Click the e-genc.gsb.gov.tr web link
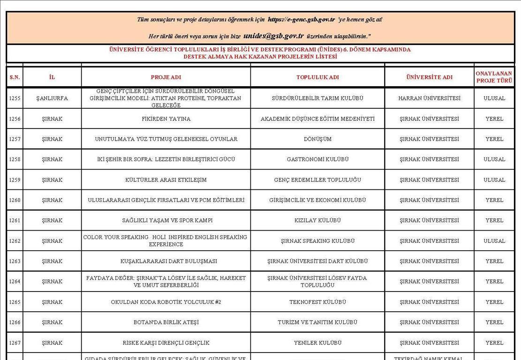point(301,20)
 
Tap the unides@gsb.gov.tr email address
point(273,36)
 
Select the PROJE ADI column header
point(166,77)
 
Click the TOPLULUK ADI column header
point(317,77)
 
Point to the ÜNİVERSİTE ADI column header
point(429,77)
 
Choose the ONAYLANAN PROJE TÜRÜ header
point(494,77)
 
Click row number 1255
point(15,98)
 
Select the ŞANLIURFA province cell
point(52,98)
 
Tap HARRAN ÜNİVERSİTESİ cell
point(429,98)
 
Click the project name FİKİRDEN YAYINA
point(166,119)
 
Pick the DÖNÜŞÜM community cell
point(317,139)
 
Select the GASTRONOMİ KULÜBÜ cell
point(317,159)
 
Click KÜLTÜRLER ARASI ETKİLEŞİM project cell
point(166,180)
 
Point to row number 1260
point(15,200)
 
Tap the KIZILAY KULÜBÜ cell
point(317,220)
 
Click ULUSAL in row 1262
point(494,241)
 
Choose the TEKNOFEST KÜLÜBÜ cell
point(317,302)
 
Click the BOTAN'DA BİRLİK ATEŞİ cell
point(166,322)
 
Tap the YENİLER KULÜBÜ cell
point(317,343)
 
